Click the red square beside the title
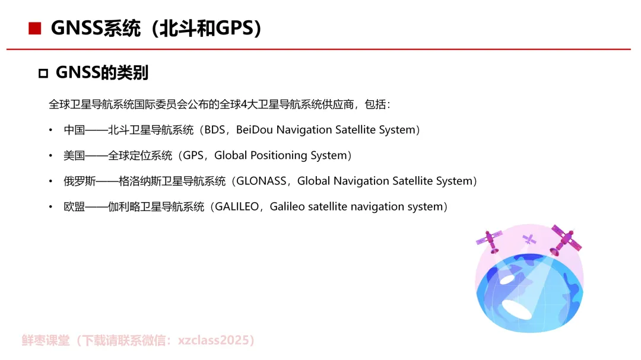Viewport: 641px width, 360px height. coord(35,28)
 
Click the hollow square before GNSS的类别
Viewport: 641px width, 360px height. coord(43,73)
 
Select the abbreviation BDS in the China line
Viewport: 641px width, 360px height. coord(215,129)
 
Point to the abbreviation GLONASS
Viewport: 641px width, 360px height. coord(261,181)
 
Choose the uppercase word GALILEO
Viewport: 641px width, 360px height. coord(237,206)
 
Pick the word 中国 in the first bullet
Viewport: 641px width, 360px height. coord(74,129)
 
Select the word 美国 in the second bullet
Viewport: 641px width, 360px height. coord(74,155)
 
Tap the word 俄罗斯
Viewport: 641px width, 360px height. coord(80,181)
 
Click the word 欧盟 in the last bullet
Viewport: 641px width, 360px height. coord(74,206)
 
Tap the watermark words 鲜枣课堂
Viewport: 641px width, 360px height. coord(46,340)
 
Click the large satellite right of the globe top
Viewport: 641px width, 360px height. coord(566,240)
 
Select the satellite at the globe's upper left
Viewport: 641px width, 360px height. coord(489,241)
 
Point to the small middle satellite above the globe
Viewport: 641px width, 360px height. coord(529,240)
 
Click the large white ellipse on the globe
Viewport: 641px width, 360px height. coord(517,310)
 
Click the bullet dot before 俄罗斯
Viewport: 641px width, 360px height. coord(50,181)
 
